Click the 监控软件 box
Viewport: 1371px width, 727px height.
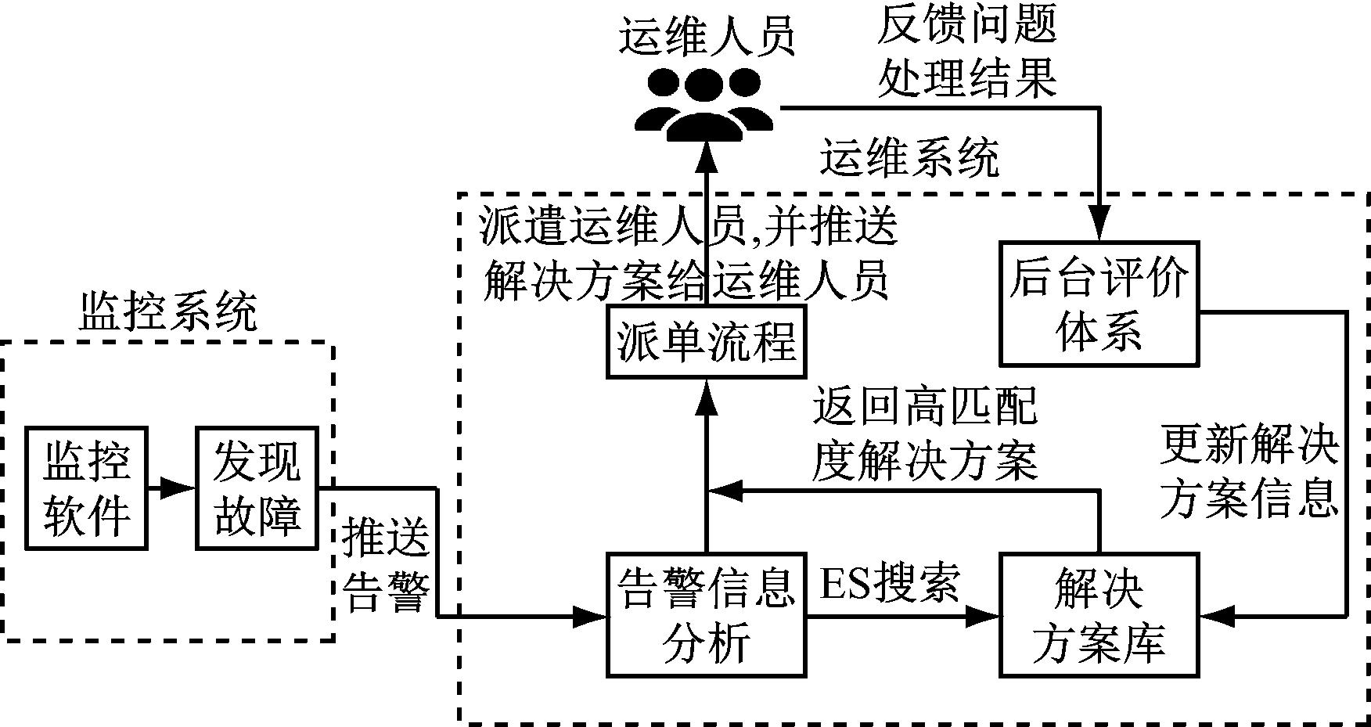(x=86, y=488)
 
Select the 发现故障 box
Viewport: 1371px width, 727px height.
(x=257, y=488)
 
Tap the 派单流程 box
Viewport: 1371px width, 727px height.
(x=707, y=342)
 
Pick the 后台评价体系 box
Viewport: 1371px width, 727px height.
(x=1099, y=303)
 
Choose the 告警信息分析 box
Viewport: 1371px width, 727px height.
(x=707, y=615)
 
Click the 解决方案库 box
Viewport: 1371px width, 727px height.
(x=1099, y=615)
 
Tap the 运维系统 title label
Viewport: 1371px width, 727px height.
(x=909, y=159)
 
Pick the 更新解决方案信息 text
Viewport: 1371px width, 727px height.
(x=1249, y=472)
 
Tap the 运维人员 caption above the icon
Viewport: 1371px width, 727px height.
(x=707, y=35)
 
